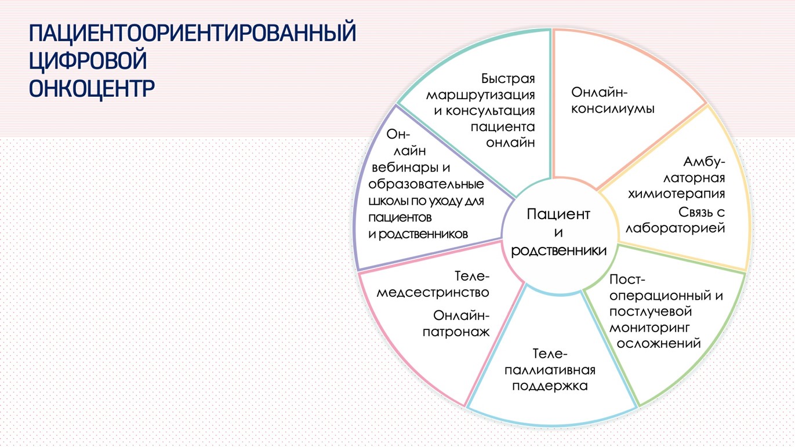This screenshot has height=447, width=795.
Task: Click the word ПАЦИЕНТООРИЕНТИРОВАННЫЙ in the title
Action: click(x=193, y=33)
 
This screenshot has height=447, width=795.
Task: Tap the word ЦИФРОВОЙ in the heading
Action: click(x=88, y=61)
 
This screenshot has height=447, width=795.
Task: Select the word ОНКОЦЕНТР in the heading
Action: click(x=92, y=88)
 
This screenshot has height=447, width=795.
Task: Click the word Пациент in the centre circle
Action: click(x=558, y=215)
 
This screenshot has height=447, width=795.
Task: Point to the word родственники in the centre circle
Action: click(x=559, y=251)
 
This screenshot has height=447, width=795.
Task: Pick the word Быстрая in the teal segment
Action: click(x=508, y=78)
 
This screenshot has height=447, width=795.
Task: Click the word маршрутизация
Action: click(x=481, y=95)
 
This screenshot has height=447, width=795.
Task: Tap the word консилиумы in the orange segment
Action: click(x=613, y=108)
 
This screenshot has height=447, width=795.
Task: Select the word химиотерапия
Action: click(x=677, y=194)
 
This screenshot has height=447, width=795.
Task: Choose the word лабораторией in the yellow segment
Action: click(x=675, y=228)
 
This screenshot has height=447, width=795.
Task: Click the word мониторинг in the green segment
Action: click(x=649, y=328)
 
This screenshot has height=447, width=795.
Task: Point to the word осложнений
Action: click(x=659, y=343)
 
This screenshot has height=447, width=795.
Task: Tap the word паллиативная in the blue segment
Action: click(x=550, y=370)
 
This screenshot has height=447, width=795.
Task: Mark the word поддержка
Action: click(x=550, y=386)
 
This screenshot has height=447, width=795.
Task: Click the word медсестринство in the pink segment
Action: click(x=433, y=292)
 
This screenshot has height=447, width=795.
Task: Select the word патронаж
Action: click(x=456, y=332)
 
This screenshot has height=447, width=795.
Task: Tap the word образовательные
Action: click(x=426, y=184)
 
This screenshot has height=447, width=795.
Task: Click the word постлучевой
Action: click(x=651, y=311)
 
